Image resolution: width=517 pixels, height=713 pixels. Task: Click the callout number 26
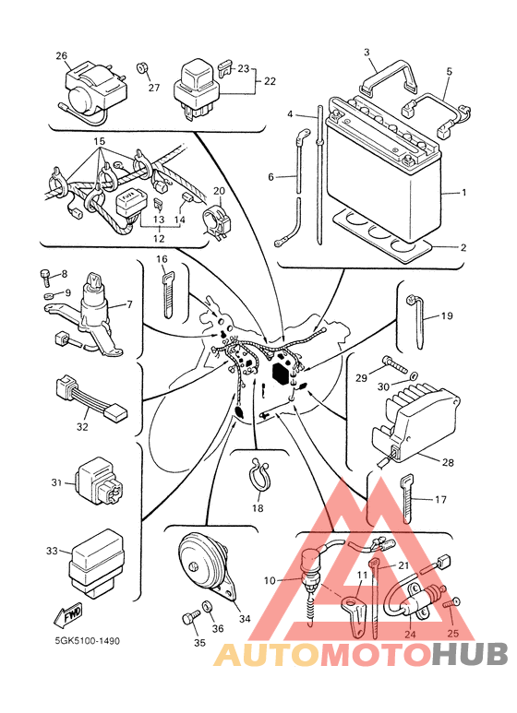[62, 56]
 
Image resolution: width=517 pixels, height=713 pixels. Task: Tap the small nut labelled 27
[142, 68]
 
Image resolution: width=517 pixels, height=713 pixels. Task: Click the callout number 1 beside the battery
[463, 193]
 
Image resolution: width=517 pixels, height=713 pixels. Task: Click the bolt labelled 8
[44, 277]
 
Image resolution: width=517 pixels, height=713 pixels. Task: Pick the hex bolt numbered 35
[190, 618]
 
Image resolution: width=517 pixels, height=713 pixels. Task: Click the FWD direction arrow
[67, 616]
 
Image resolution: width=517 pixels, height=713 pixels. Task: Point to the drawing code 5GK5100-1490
[88, 641]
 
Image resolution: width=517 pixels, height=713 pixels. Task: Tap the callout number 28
[448, 462]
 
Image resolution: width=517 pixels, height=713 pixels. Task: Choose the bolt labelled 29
[394, 364]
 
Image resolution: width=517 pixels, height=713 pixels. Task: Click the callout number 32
[82, 427]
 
